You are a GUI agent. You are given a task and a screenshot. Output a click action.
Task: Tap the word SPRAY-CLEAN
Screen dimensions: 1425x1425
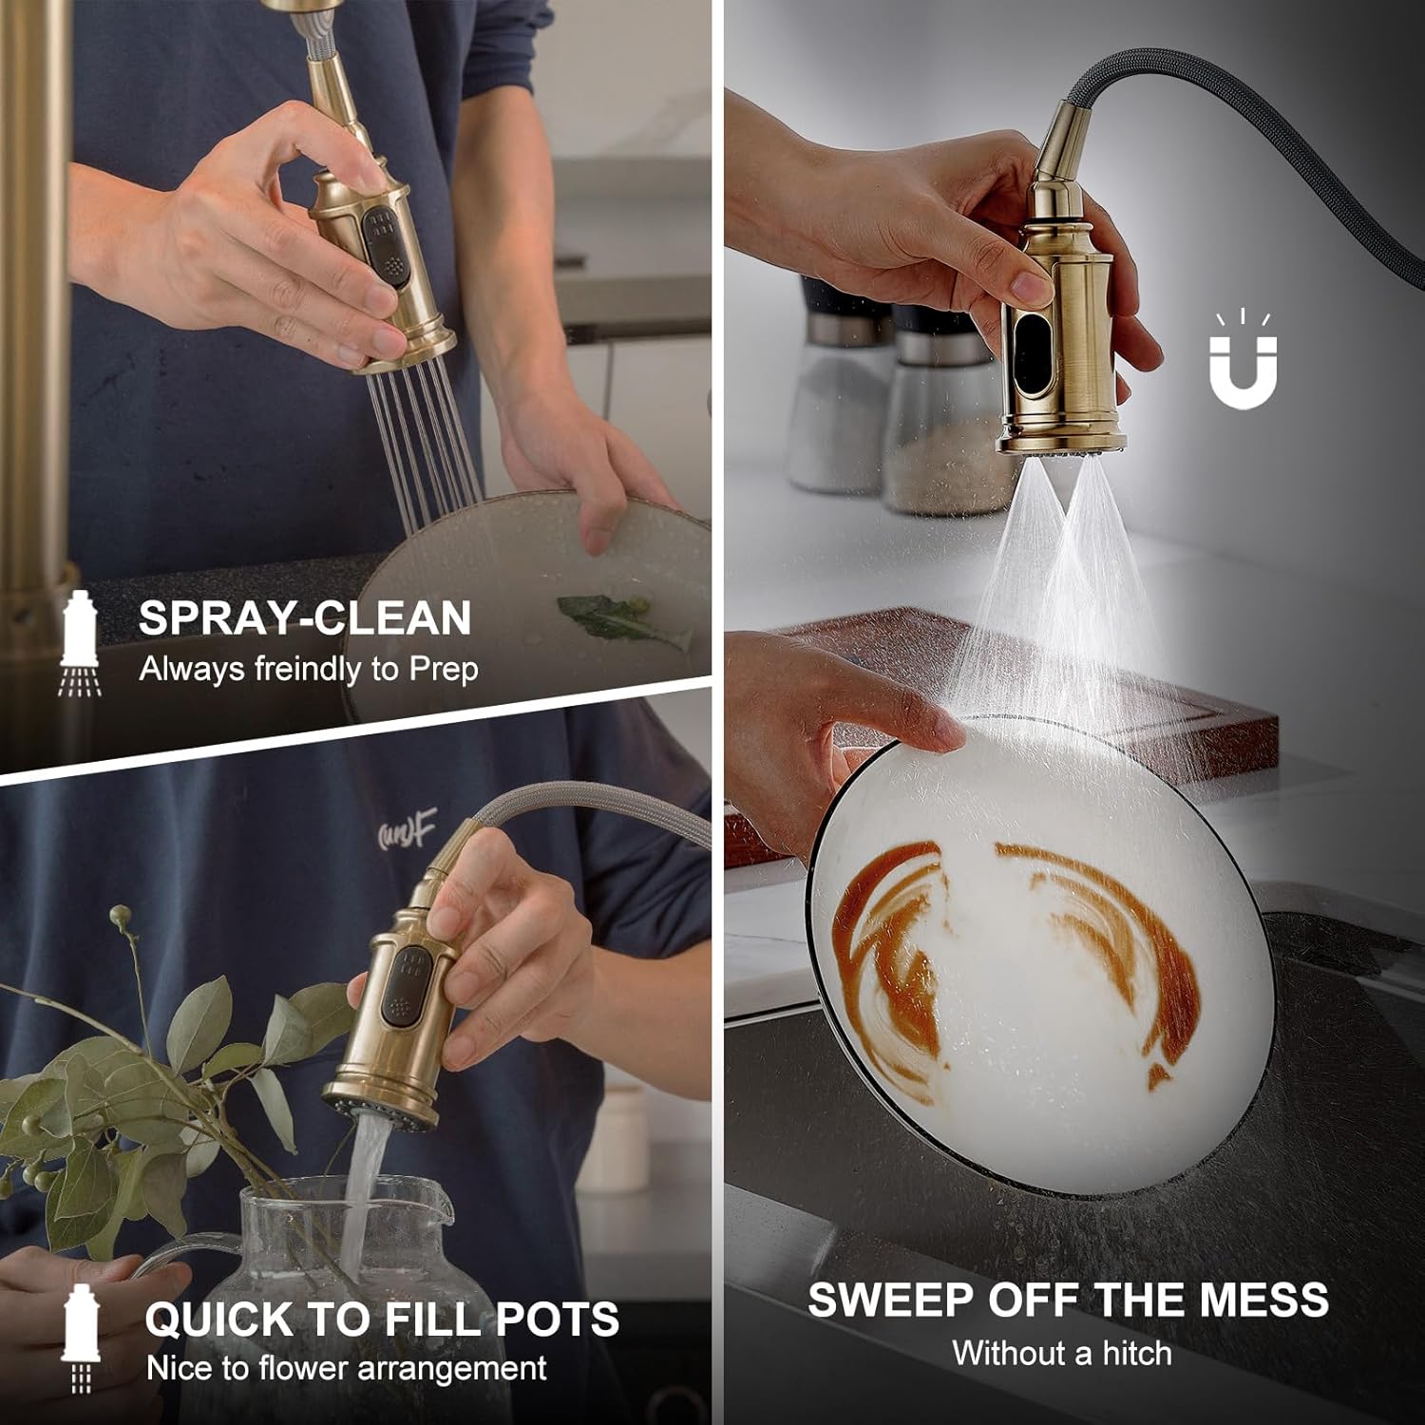click(305, 618)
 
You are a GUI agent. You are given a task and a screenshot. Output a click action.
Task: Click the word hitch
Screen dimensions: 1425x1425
click(1136, 1353)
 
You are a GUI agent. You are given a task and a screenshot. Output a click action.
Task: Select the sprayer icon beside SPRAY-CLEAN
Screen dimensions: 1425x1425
click(81, 643)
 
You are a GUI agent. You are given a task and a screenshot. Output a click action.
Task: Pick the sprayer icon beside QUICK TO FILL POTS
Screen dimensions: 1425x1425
click(81, 1336)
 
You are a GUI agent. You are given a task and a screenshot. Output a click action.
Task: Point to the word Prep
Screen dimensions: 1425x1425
click(444, 670)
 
